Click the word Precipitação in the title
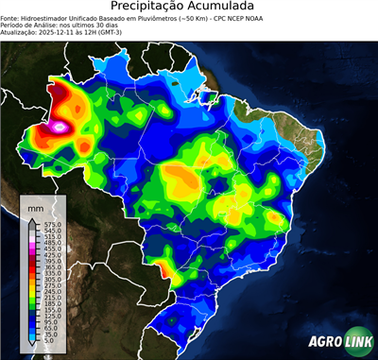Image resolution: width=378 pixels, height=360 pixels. [x=151, y=9]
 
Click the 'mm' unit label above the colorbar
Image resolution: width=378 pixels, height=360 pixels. [x=36, y=206]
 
